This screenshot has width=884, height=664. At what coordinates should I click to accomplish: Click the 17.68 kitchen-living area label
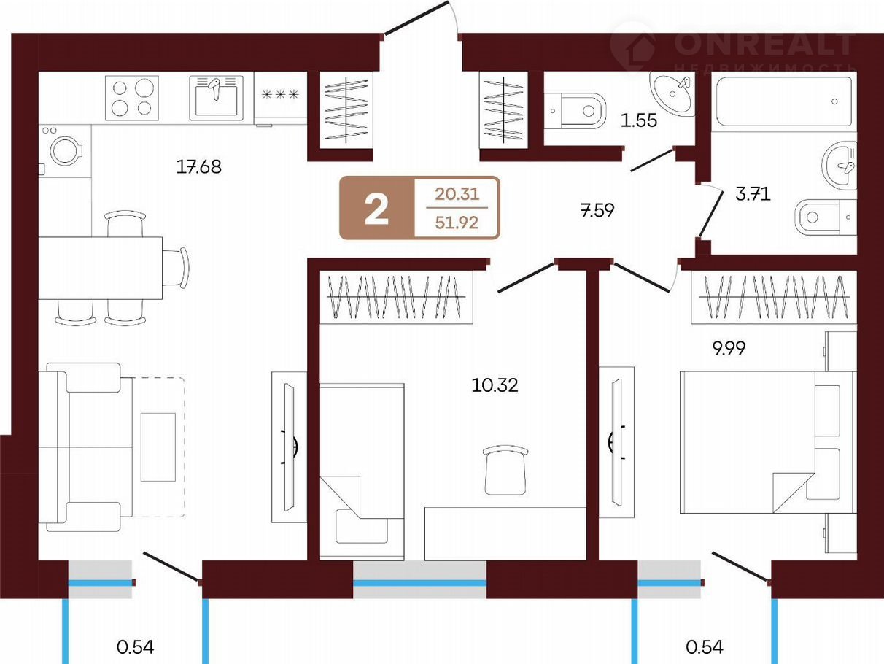pyautogui.click(x=199, y=166)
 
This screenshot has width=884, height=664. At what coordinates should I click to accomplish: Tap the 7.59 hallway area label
pyautogui.click(x=597, y=210)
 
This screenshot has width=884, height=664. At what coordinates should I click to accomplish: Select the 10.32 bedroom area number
pyautogui.click(x=495, y=385)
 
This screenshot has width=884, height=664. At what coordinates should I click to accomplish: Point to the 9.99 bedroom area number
pyautogui.click(x=729, y=348)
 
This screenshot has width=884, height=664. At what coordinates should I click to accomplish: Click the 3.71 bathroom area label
pyautogui.click(x=753, y=194)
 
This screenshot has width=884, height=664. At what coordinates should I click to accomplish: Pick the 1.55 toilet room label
pyautogui.click(x=639, y=120)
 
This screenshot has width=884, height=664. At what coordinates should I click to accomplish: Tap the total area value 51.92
pyautogui.click(x=457, y=223)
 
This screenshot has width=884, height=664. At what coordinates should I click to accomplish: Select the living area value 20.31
pyautogui.click(x=457, y=194)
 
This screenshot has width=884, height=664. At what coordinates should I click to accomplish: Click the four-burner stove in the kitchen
pyautogui.click(x=132, y=98)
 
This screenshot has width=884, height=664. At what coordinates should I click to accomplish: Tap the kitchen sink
pyautogui.click(x=217, y=98)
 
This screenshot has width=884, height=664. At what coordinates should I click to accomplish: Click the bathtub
pyautogui.click(x=783, y=102)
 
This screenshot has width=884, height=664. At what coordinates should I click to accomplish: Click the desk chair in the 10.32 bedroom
pyautogui.click(x=505, y=470)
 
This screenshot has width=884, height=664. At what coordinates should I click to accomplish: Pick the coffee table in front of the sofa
pyautogui.click(x=158, y=447)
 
